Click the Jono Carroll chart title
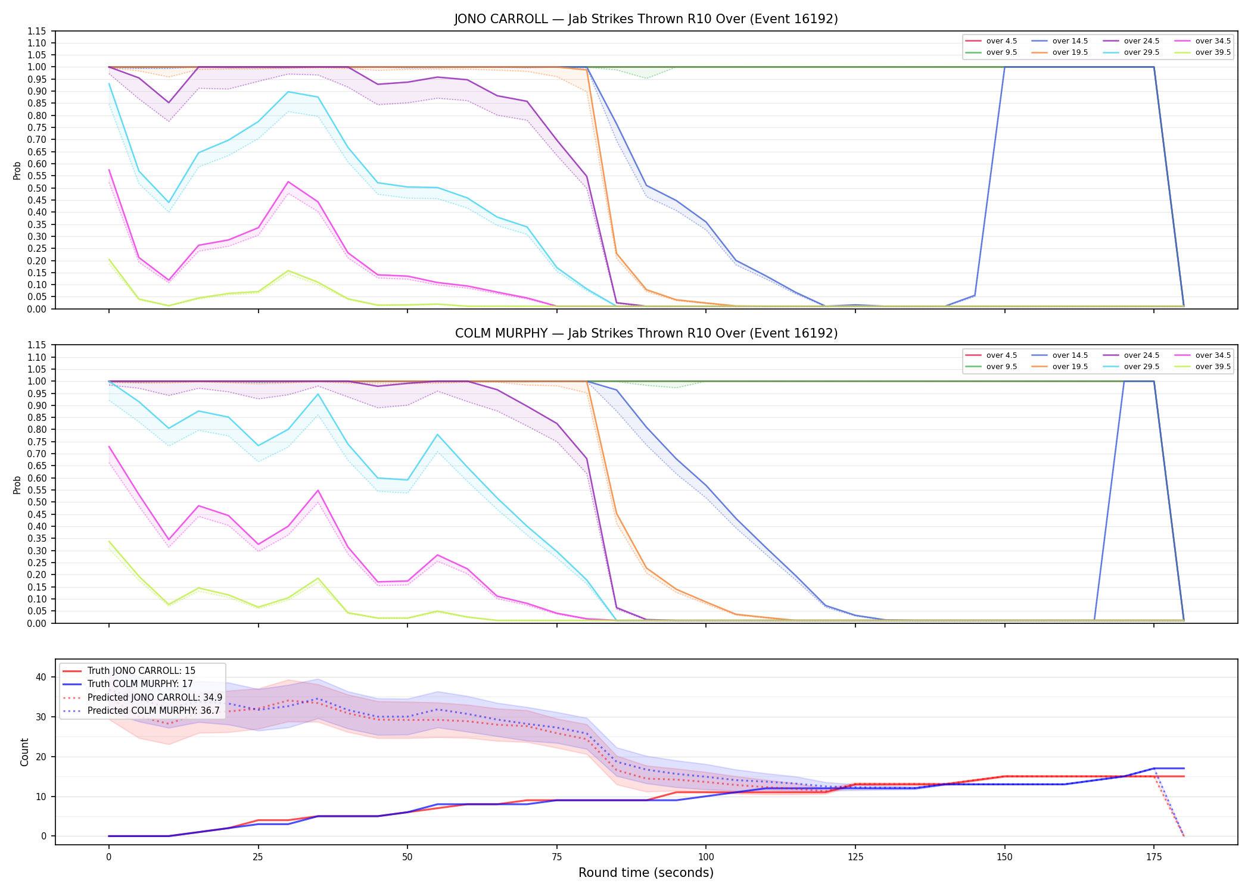click(x=646, y=19)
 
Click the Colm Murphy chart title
click(x=646, y=333)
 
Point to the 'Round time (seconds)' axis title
click(x=646, y=873)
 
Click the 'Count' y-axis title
click(x=24, y=752)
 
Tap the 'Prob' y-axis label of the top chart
click(x=17, y=170)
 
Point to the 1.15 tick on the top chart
click(x=37, y=31)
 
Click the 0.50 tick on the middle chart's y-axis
click(x=37, y=502)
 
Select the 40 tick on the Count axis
click(x=41, y=677)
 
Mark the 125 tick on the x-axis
click(x=855, y=857)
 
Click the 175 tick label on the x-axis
click(x=1154, y=857)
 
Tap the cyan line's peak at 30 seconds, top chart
click(x=288, y=92)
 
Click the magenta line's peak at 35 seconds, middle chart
click(x=318, y=491)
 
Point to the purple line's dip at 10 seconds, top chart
click(x=169, y=103)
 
